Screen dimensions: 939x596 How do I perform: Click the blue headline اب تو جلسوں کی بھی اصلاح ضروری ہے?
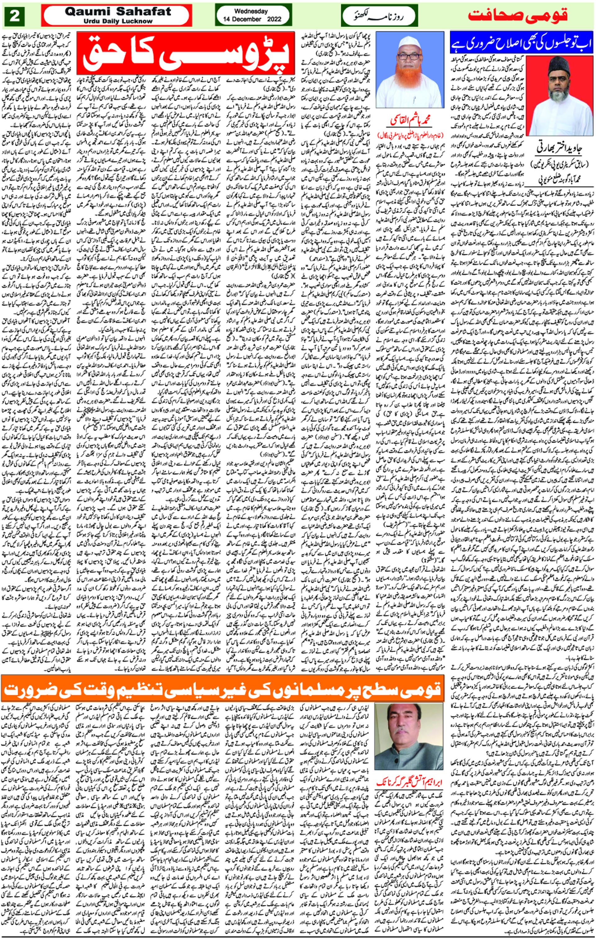(522, 44)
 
